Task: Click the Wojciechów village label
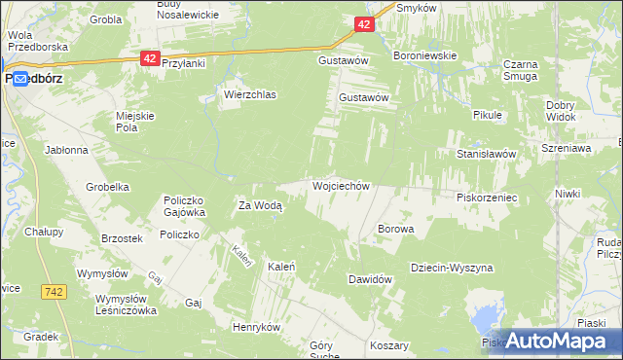pos(340,185)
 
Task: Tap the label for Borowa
pos(395,230)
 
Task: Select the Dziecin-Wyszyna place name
pos(452,268)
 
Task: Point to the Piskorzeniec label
pos(486,197)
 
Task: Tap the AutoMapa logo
pos(552,341)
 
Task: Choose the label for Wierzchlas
pos(250,95)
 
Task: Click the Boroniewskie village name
pos(424,55)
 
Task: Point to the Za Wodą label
pos(261,205)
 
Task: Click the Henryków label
pos(256,327)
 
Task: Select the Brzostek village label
pos(123,238)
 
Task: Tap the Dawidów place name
pos(370,279)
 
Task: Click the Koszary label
pos(388,346)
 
